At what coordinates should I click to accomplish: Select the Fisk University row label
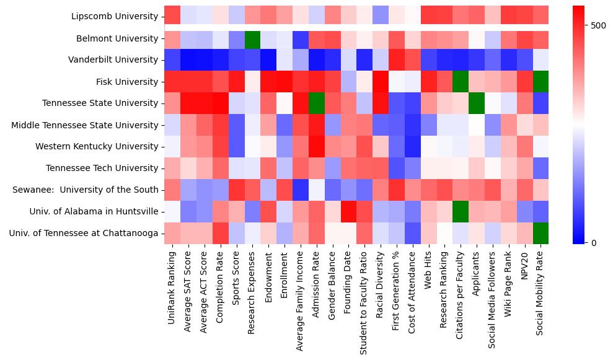click(128, 82)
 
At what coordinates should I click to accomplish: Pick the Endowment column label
click(268, 279)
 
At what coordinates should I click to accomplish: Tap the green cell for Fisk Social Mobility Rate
click(540, 82)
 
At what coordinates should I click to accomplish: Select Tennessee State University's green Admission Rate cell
click(317, 103)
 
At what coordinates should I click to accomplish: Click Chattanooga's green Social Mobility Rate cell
click(540, 234)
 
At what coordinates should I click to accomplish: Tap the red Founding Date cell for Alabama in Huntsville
click(348, 212)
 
